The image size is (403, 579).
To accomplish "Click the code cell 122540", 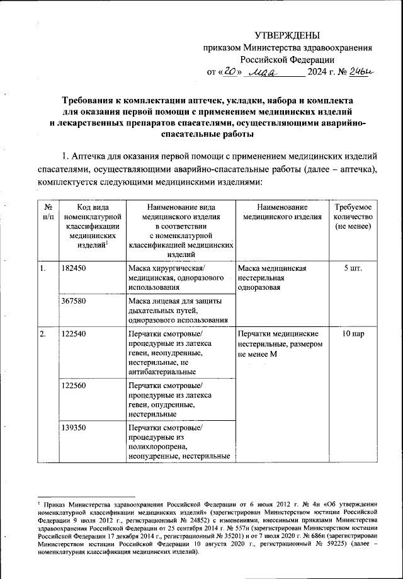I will pos(74,333).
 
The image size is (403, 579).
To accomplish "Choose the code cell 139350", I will pos(74,428).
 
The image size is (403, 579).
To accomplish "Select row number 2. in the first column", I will pos(43,333).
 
